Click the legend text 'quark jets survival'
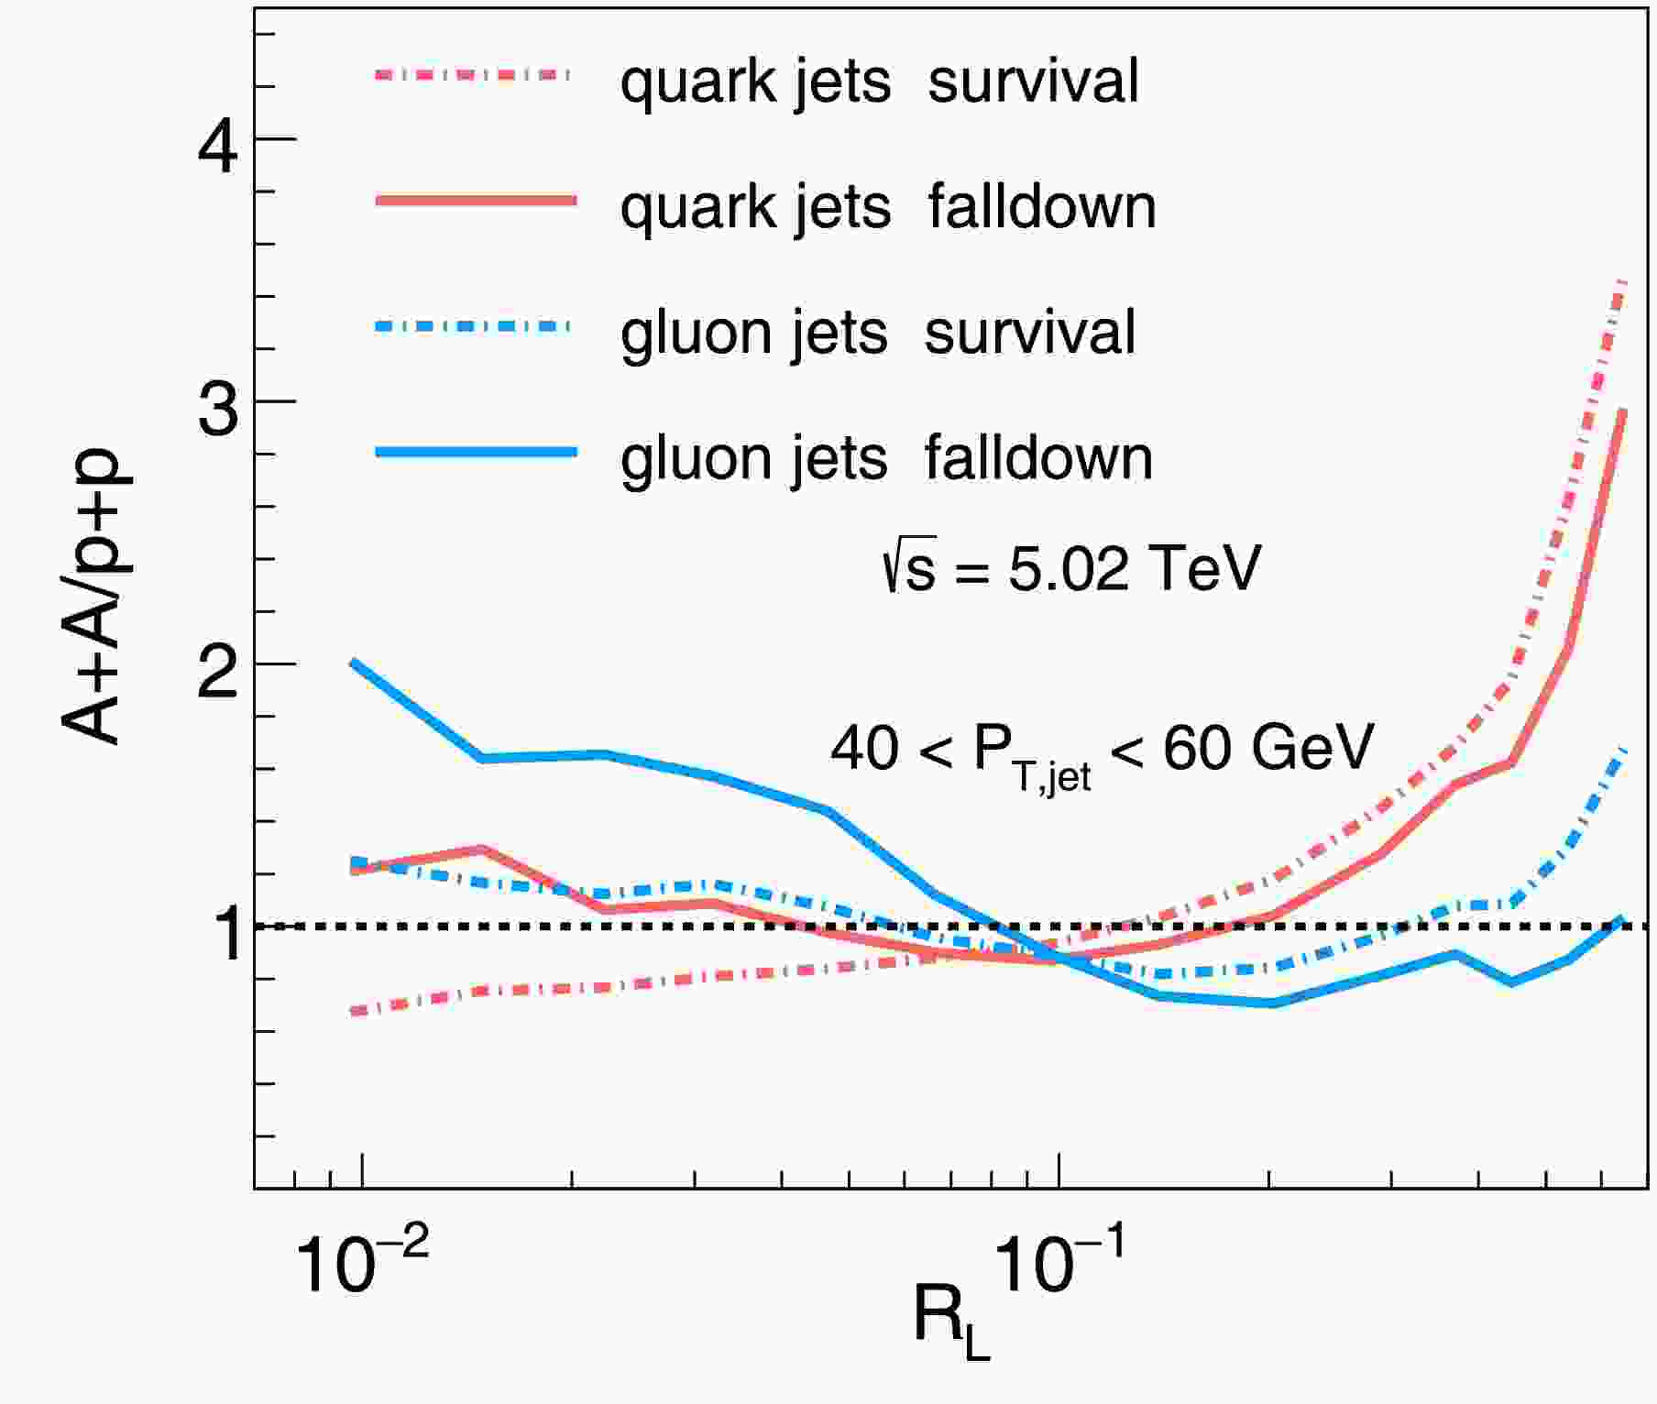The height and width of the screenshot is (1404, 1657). click(x=879, y=81)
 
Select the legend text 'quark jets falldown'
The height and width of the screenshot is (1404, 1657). click(x=887, y=206)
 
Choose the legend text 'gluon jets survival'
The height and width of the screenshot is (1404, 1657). click(x=877, y=332)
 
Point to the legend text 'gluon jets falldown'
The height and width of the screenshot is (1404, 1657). click(x=885, y=457)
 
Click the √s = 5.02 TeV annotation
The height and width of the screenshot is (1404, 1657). click(x=1070, y=568)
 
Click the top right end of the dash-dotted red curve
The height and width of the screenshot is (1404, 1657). click(x=1624, y=281)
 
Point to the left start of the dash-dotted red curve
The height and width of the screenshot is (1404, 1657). click(x=353, y=1013)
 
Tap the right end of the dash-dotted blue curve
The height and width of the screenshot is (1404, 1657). click(x=1624, y=751)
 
